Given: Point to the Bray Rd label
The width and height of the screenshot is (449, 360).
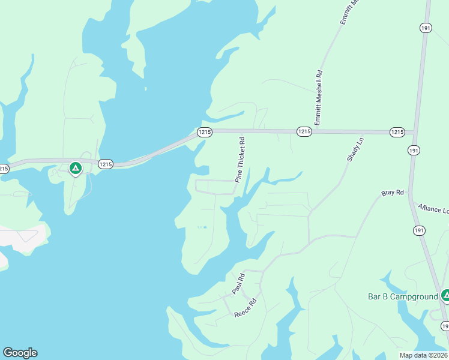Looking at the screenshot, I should tap(393, 193).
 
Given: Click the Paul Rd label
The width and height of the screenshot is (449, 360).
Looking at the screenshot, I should tap(239, 284).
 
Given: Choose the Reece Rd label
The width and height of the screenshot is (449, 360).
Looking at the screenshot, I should tap(246, 308).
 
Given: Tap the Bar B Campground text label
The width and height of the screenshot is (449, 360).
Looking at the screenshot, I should tap(402, 296).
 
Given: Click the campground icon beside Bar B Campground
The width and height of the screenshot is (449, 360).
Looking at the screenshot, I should tap(445, 295).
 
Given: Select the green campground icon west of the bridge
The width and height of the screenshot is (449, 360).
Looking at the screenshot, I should tap(75, 169).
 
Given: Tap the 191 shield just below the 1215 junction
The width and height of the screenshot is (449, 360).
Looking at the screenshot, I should tap(414, 151).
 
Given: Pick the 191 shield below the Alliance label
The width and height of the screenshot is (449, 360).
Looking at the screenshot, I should tap(419, 230).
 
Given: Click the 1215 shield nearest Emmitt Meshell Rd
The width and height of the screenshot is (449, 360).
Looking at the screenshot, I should tap(304, 131).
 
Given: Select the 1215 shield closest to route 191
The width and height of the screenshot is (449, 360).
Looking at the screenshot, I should tap(397, 132).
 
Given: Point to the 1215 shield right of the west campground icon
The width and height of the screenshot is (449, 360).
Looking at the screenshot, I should tap(106, 164).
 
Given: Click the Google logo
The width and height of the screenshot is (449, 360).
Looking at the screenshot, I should tap(20, 353).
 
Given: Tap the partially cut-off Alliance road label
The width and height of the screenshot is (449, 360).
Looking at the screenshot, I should tap(433, 208).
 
